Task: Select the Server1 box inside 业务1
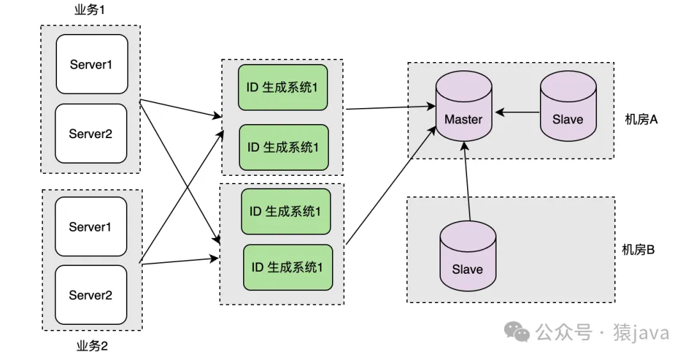[91, 64]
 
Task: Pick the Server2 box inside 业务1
[91, 133]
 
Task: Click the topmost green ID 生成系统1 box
[282, 87]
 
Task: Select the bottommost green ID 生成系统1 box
[288, 267]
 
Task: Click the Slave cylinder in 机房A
[568, 106]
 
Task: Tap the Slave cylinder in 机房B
[467, 255]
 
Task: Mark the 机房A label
[641, 119]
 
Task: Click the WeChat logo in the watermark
[517, 333]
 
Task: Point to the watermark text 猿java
[642, 333]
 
